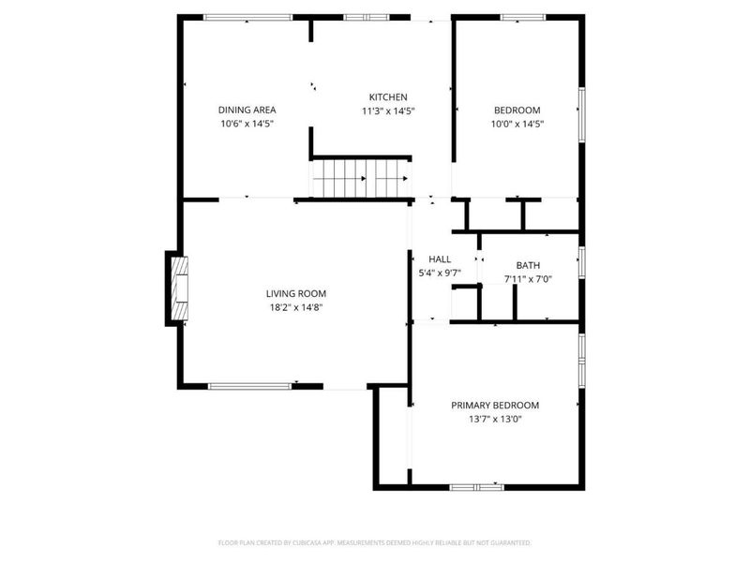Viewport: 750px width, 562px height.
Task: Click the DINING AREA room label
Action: pyautogui.click(x=247, y=110)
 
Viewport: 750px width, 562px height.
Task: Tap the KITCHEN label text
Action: pyautogui.click(x=387, y=97)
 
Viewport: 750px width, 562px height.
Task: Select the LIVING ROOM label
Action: pyautogui.click(x=295, y=293)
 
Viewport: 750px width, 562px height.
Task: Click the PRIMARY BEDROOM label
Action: pyautogui.click(x=495, y=406)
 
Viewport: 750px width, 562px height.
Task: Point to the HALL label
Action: pyautogui.click(x=440, y=259)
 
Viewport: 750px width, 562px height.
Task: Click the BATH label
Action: pyautogui.click(x=528, y=265)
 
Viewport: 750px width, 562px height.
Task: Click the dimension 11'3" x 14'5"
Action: pyautogui.click(x=387, y=111)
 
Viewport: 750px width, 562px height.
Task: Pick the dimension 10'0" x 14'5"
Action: pyautogui.click(x=517, y=123)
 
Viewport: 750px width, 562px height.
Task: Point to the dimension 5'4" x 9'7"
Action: pyautogui.click(x=440, y=273)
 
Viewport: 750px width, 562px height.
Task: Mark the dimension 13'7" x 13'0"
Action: pyautogui.click(x=495, y=419)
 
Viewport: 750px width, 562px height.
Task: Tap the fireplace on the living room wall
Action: pyautogui.click(x=178, y=288)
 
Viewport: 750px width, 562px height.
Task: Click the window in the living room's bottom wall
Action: pyautogui.click(x=249, y=385)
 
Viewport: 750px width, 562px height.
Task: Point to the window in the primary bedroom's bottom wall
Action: pyautogui.click(x=476, y=487)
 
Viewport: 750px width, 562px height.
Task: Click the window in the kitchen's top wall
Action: pyautogui.click(x=359, y=17)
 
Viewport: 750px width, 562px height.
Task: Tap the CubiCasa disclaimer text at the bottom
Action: pyautogui.click(x=375, y=542)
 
